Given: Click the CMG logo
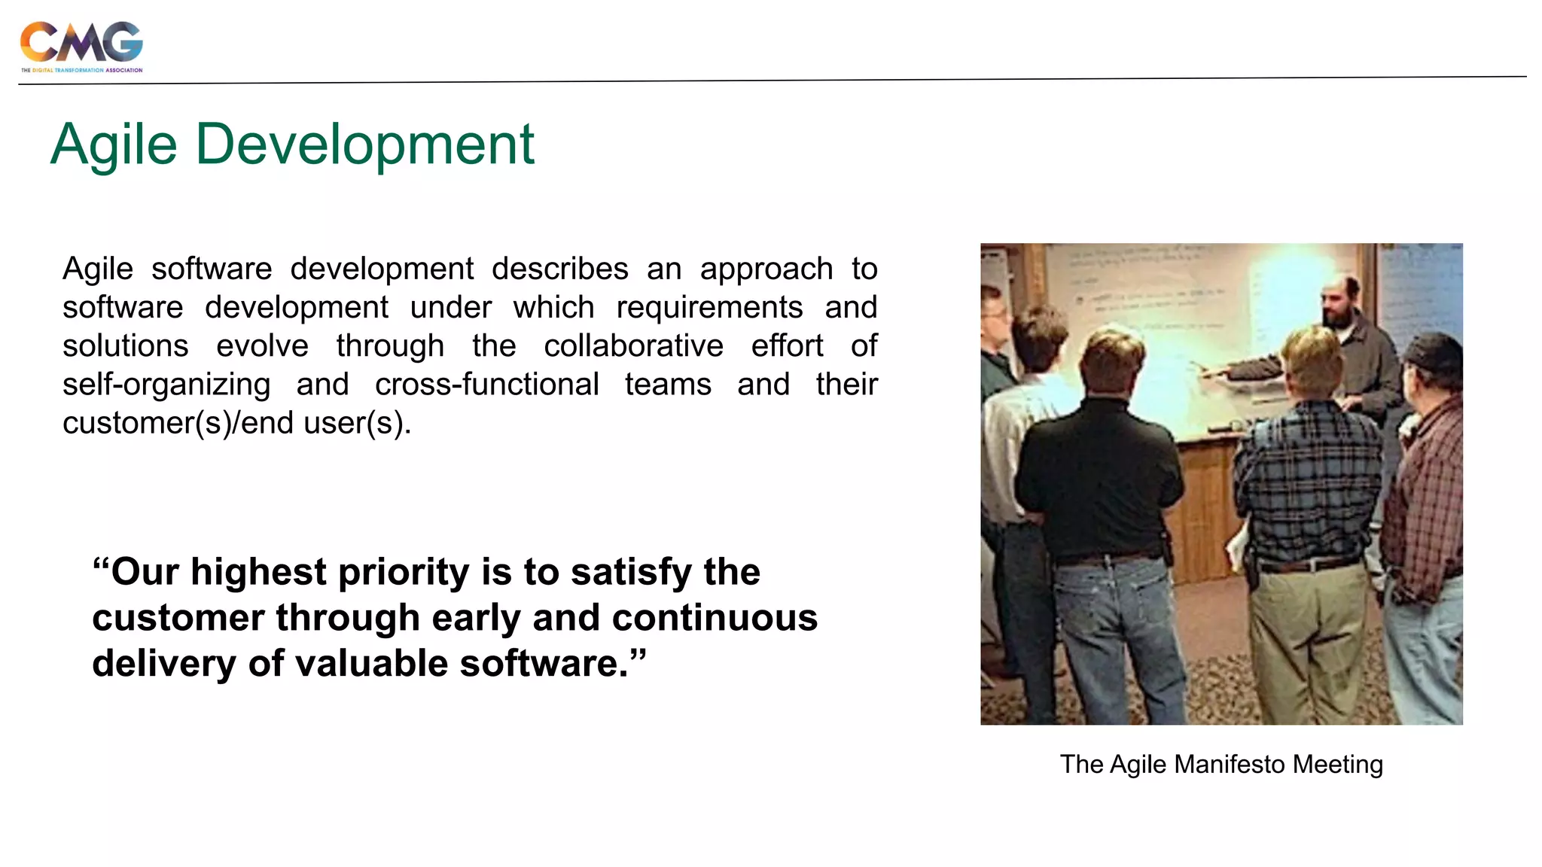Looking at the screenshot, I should point(81,45).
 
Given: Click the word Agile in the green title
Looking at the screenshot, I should point(114,144).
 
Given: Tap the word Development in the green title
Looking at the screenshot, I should point(364,144).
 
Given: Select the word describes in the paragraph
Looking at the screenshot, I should point(559,269).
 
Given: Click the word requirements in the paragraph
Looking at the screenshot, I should point(709,307).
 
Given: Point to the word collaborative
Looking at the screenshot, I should point(633,345).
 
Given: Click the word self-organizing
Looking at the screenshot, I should point(166,385).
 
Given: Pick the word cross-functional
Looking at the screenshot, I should point(487,385).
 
